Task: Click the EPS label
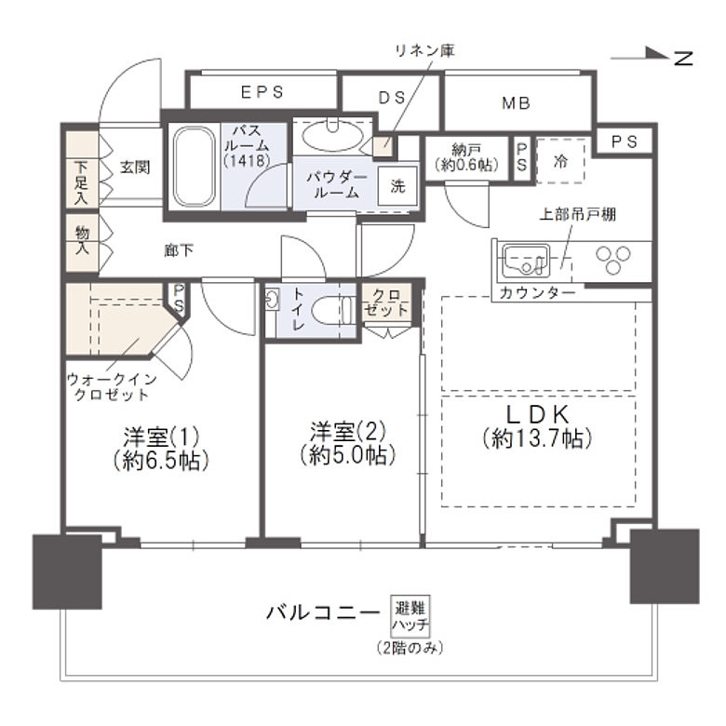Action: pyautogui.click(x=262, y=92)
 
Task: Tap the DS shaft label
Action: pyautogui.click(x=392, y=98)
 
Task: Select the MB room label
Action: pyautogui.click(x=516, y=103)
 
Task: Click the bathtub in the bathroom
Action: pyautogui.click(x=194, y=167)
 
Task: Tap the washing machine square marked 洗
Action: pyautogui.click(x=397, y=185)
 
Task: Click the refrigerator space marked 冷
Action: pyautogui.click(x=560, y=161)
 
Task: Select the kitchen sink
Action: pyautogui.click(x=527, y=260)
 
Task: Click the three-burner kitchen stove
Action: pyautogui.click(x=613, y=260)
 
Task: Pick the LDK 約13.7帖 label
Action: pyautogui.click(x=537, y=426)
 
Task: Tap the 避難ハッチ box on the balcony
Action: pyautogui.click(x=410, y=615)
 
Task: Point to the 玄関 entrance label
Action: pyautogui.click(x=135, y=167)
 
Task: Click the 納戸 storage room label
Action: pyautogui.click(x=466, y=157)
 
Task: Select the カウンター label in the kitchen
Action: pyautogui.click(x=538, y=292)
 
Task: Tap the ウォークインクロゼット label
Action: pyautogui.click(x=112, y=387)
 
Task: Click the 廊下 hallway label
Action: pyautogui.click(x=179, y=250)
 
